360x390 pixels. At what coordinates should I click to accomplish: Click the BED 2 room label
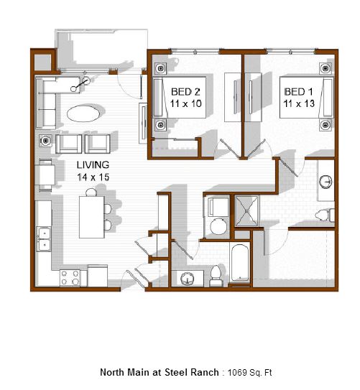185,92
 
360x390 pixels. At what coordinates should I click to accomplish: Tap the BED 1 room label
298,92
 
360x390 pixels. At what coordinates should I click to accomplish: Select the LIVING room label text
93,164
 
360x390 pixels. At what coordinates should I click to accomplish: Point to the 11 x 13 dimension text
299,103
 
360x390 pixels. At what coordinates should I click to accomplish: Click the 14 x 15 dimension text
93,177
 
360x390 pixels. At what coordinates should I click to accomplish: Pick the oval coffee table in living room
83,113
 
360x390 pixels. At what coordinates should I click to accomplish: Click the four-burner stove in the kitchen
70,278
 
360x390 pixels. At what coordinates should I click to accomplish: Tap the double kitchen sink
44,239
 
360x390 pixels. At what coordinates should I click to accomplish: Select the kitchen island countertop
91,217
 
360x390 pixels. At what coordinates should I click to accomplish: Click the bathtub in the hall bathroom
240,262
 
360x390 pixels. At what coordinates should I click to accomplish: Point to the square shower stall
246,211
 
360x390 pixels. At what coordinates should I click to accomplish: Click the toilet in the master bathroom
325,215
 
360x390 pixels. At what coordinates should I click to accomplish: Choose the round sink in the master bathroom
326,182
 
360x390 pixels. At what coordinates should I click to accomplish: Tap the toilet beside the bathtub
216,276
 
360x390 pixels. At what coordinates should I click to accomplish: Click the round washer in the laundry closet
218,226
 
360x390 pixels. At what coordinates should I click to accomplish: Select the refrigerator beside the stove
98,276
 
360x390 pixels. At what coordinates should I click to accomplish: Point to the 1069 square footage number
236,373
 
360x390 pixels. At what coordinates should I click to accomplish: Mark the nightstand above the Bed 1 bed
326,68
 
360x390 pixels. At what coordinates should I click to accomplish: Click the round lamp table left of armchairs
45,141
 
